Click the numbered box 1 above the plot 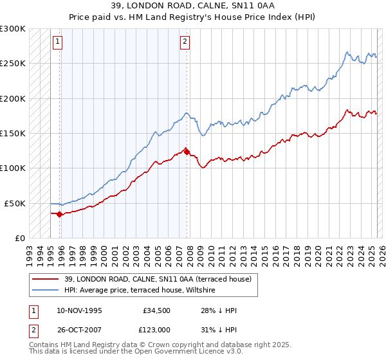pyautogui.click(x=58, y=42)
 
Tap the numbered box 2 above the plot pyautogui.click(x=185, y=42)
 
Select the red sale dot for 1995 pyautogui.click(x=60, y=214)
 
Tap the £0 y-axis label pyautogui.click(x=19, y=238)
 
